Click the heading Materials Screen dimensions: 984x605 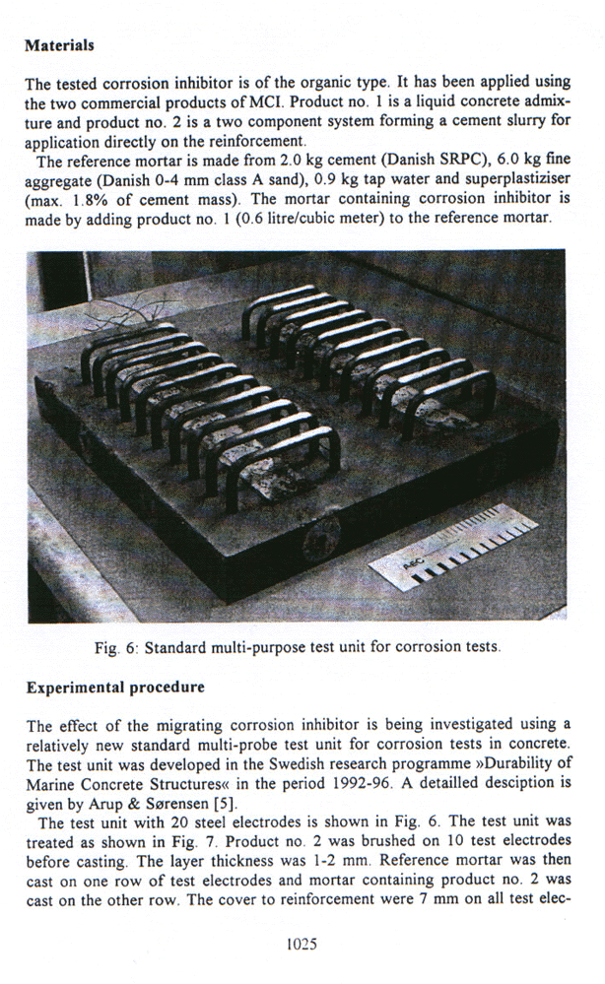59,45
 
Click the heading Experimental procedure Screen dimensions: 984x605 114,687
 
